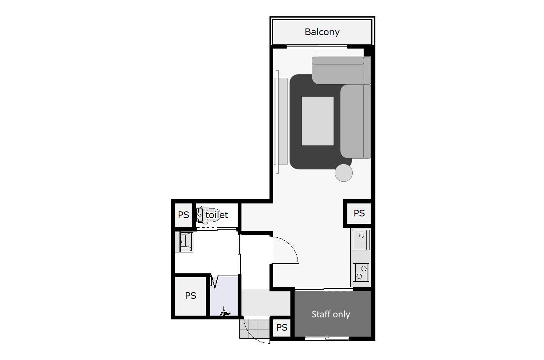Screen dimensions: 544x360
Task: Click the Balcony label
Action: tap(322, 32)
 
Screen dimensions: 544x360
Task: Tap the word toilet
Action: tap(217, 215)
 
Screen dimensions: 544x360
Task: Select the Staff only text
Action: tap(331, 314)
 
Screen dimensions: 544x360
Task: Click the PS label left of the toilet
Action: tap(183, 215)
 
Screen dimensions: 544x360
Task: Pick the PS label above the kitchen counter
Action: tap(359, 213)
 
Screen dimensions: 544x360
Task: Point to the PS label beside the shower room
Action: tap(190, 296)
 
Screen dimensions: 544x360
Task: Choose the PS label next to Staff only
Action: tap(282, 327)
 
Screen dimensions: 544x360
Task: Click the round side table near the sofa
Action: tap(344, 173)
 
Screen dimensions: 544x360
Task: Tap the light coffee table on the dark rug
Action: tap(318, 121)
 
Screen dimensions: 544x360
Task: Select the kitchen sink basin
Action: tap(361, 240)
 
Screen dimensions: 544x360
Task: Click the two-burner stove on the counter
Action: tap(361, 273)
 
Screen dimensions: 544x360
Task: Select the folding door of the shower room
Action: tap(215, 281)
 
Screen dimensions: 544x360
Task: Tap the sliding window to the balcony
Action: tap(317, 46)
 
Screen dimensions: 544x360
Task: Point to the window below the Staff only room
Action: tap(327, 338)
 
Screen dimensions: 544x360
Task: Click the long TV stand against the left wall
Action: tap(281, 121)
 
